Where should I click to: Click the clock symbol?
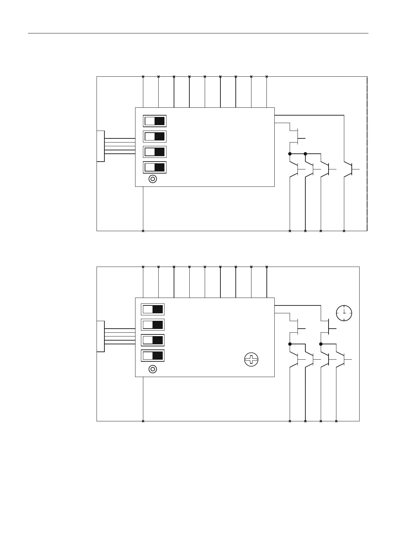coord(344,313)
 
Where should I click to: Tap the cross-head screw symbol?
coord(251,360)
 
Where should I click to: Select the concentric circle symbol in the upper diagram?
coord(153,179)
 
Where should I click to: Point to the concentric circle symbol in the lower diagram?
coord(153,369)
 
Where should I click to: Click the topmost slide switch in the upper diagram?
coord(155,121)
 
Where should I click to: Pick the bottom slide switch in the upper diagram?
coord(155,167)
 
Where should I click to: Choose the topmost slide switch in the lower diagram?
coord(153,310)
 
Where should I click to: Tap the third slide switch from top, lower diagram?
coord(153,340)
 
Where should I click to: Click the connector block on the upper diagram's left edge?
coord(101,146)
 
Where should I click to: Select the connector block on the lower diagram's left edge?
coord(101,336)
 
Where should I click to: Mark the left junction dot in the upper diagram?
coord(290,154)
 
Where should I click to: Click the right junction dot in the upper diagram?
coord(305,154)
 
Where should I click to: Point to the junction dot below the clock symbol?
coord(321,344)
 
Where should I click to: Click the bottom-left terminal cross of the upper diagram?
coord(143,231)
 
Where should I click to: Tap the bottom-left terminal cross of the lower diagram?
coord(143,421)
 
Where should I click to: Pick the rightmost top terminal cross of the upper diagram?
coord(267,76)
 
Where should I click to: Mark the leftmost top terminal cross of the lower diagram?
coord(143,267)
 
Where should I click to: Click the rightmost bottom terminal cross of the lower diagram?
coord(336,421)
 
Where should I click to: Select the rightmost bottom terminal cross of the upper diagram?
coord(344,231)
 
